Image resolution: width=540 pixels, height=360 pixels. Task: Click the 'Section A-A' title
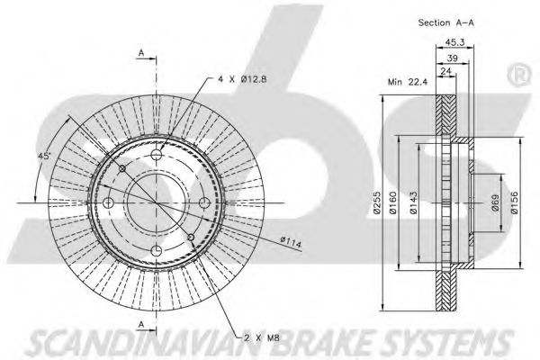coord(446,22)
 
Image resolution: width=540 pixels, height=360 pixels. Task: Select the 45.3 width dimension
coord(454,42)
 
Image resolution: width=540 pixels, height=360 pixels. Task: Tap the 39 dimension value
coord(453,58)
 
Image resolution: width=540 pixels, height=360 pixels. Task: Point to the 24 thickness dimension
coord(446,71)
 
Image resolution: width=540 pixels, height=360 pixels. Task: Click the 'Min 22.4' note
coord(408,82)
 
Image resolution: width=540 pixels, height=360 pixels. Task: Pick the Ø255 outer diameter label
coord(377,202)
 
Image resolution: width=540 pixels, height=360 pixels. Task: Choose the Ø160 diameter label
coord(393,202)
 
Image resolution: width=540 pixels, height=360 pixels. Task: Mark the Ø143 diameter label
coord(414,202)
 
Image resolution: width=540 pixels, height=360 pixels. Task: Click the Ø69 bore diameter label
coord(495,203)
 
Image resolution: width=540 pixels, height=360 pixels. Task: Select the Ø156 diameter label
coord(514,202)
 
